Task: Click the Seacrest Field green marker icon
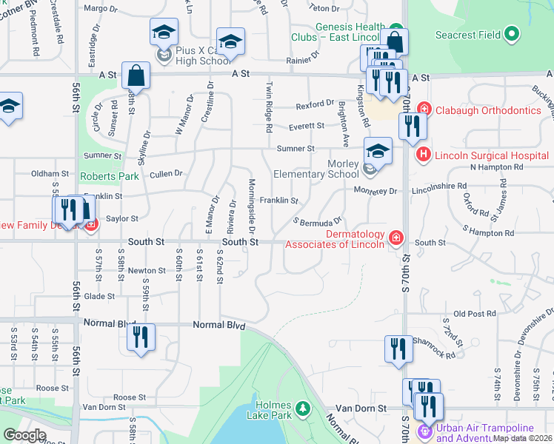(510, 35)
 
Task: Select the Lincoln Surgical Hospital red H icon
(423, 155)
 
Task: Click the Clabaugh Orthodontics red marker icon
(423, 110)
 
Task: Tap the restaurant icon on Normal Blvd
(140, 337)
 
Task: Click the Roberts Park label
(99, 177)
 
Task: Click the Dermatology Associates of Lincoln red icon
(397, 237)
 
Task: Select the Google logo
(24, 435)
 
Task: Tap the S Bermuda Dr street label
(317, 221)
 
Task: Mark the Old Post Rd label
(468, 314)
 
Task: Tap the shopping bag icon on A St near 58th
(136, 75)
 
